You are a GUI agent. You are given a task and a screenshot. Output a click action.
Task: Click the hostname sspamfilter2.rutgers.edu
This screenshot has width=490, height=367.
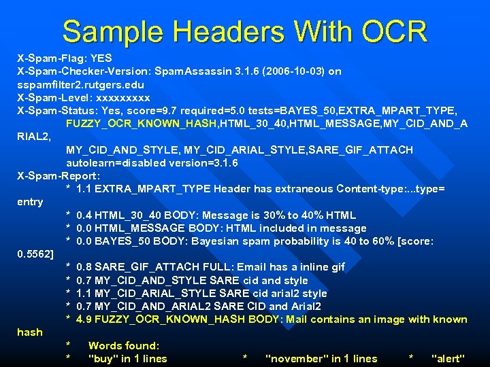coord(80,84)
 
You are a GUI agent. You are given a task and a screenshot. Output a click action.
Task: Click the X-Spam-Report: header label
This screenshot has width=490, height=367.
coord(59,175)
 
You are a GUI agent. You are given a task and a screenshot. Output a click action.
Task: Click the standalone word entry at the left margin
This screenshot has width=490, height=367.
coord(30,202)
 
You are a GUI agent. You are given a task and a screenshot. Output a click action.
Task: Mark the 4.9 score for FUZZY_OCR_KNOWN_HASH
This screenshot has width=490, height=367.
coord(85,319)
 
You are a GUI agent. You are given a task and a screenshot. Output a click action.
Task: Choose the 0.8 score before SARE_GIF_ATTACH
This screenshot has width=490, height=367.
coord(85,267)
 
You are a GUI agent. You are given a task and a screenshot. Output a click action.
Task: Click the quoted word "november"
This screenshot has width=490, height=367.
coord(295,359)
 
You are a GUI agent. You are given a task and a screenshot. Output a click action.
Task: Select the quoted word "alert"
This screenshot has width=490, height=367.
coord(448,359)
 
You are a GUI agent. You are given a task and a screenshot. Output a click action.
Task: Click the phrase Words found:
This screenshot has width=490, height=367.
coord(124,346)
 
